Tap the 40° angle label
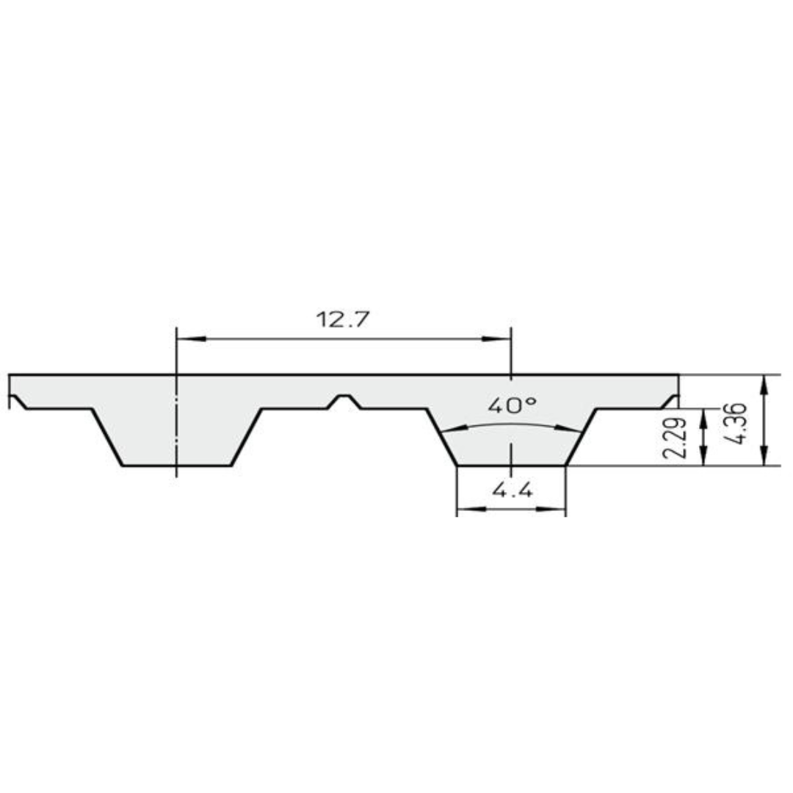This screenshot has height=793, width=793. click(x=511, y=405)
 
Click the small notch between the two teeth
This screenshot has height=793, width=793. click(x=344, y=400)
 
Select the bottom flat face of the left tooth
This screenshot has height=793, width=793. click(x=176, y=466)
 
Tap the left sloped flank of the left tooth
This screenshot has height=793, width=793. click(x=107, y=438)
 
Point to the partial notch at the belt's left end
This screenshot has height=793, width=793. click(x=16, y=401)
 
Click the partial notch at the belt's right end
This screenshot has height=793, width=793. click(x=670, y=401)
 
